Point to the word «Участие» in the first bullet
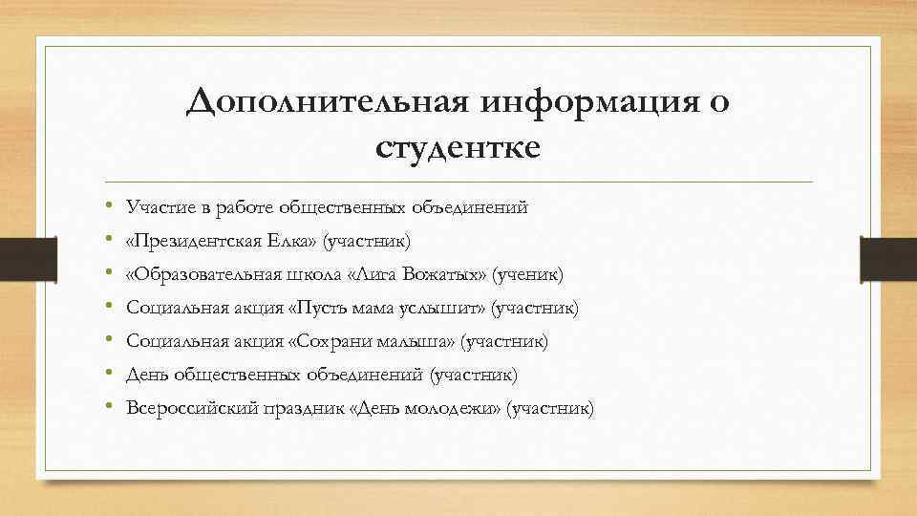coord(157,207)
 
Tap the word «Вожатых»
coord(447,275)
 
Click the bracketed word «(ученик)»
coord(528,275)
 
